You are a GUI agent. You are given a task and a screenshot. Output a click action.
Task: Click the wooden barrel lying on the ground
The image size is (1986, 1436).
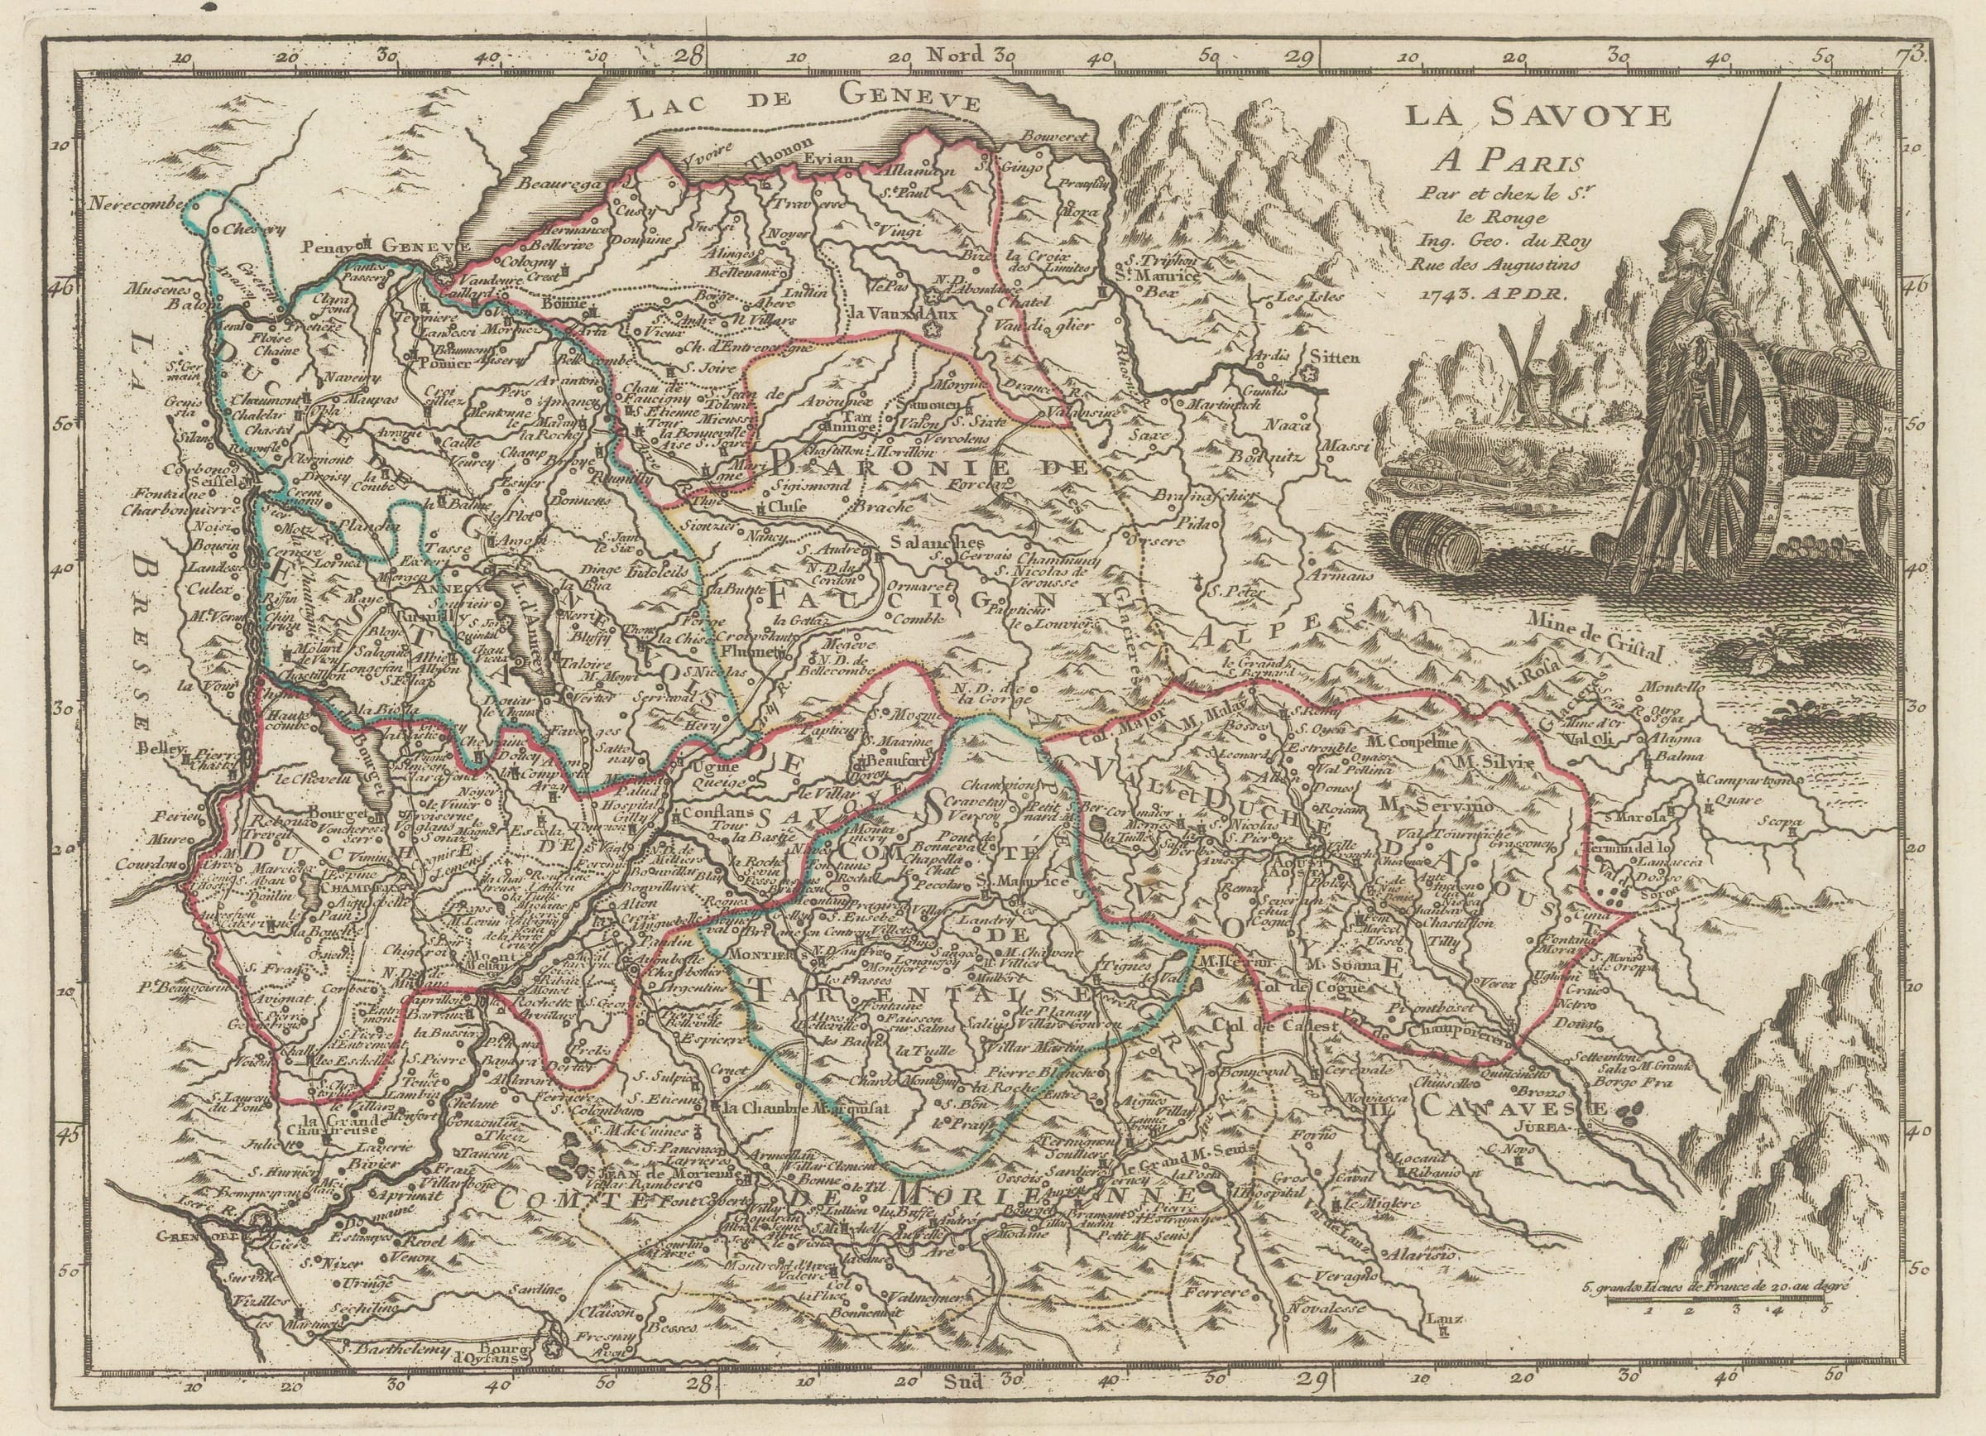(x=1435, y=542)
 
